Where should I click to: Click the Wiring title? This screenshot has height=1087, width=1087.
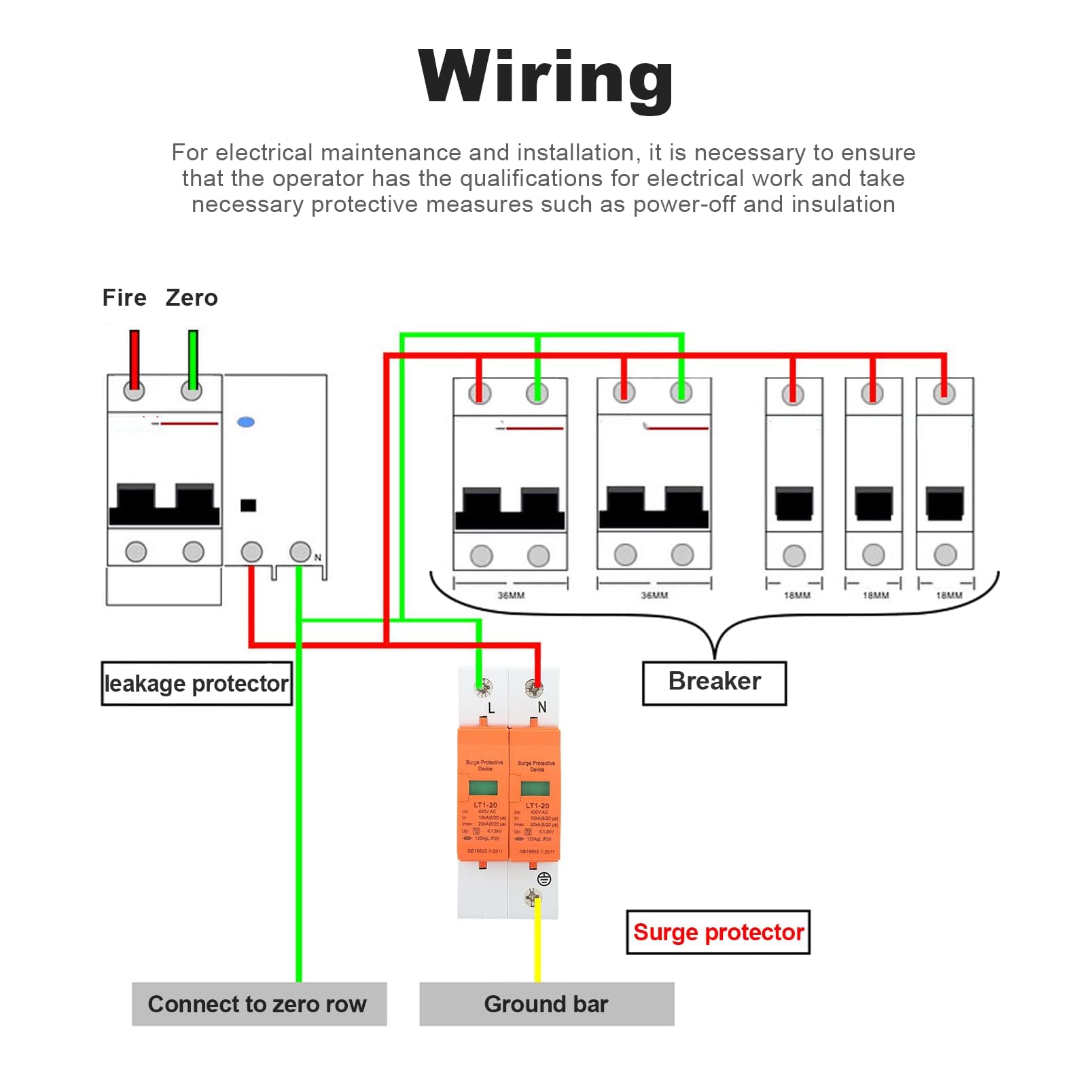546,77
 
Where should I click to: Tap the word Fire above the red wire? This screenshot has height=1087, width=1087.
124,298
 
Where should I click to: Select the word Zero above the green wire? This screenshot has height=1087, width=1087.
192,298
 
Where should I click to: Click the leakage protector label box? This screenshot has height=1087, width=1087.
196,683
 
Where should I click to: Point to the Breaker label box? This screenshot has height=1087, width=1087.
714,682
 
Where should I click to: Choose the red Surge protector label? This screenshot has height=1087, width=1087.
718,932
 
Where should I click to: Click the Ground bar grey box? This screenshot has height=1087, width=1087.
546,1004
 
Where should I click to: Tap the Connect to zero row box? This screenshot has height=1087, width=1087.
258,1004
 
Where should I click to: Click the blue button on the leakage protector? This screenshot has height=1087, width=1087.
246,422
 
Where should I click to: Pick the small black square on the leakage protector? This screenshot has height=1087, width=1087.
249,505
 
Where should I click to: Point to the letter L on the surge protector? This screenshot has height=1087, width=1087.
491,709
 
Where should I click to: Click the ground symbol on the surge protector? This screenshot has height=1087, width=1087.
544,879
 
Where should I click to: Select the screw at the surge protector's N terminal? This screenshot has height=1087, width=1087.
535,689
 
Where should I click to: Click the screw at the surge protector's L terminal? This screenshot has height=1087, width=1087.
484,688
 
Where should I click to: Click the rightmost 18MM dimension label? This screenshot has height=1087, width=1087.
949,596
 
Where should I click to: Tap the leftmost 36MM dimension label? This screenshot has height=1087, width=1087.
511,596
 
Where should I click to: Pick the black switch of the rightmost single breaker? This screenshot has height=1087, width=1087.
945,503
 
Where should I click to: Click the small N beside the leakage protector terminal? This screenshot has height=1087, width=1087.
317,558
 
